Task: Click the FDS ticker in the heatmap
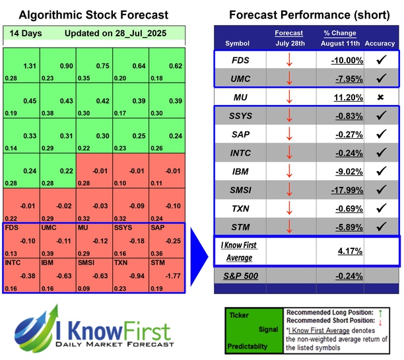12,228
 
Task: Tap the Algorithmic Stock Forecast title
94,15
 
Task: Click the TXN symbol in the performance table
242,209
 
